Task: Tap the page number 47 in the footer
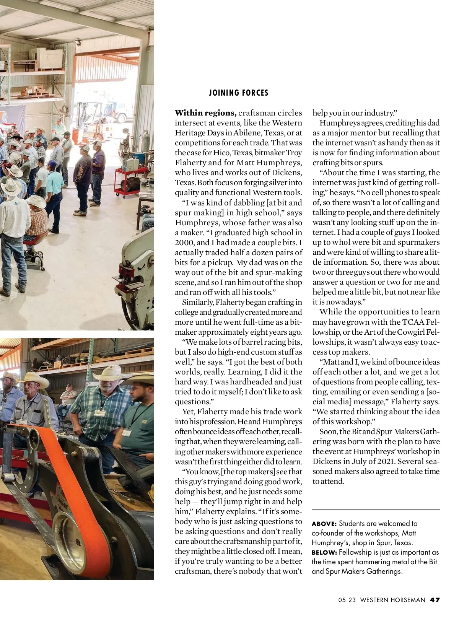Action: pyautogui.click(x=435, y=600)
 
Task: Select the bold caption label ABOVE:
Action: pyautogui.click(x=324, y=524)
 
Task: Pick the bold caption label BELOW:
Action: pyautogui.click(x=324, y=552)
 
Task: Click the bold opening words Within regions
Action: pyautogui.click(x=205, y=113)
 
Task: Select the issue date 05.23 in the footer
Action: pyautogui.click(x=347, y=600)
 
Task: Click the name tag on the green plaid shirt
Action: pyautogui.click(x=99, y=414)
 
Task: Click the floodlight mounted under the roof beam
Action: pyautogui.click(x=78, y=41)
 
